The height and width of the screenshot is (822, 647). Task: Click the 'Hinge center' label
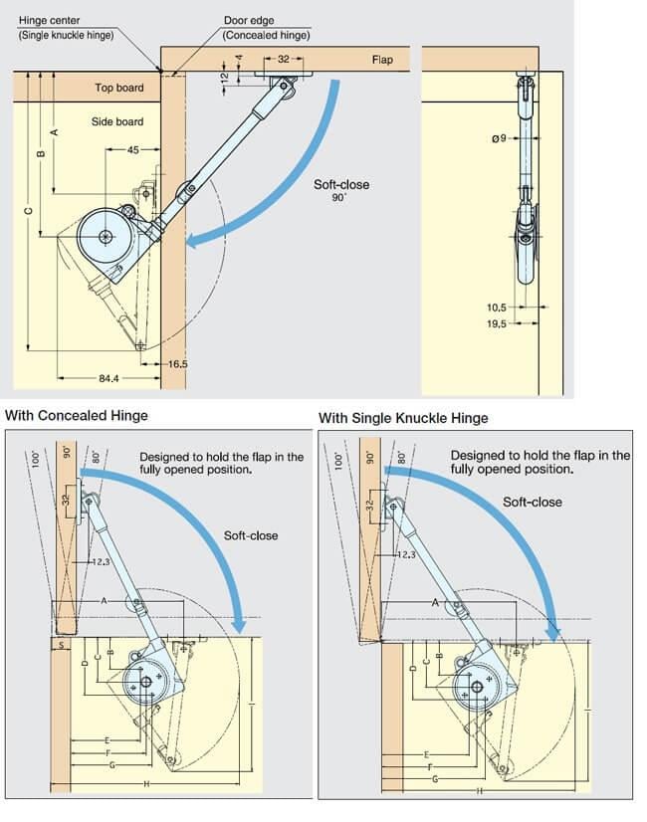(50, 21)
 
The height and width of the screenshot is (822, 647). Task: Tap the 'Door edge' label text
(249, 21)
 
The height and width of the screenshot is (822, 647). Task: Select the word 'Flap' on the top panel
(382, 60)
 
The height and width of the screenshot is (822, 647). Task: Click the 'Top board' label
(119, 88)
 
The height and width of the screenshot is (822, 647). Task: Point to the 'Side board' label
(116, 121)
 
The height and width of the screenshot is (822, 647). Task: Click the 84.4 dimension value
(108, 378)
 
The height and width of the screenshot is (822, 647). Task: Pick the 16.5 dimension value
(178, 364)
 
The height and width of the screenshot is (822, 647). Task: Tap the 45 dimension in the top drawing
(133, 150)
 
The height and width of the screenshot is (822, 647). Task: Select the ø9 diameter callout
(499, 138)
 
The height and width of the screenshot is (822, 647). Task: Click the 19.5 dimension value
(497, 324)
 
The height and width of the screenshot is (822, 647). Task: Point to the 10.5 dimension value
(497, 308)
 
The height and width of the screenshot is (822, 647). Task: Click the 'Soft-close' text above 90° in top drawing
(341, 184)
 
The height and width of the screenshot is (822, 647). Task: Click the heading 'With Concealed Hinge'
(77, 416)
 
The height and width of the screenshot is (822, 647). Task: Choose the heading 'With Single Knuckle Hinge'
(403, 418)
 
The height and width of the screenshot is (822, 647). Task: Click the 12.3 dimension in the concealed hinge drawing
(101, 562)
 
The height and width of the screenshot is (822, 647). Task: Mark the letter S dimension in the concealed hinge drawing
(61, 645)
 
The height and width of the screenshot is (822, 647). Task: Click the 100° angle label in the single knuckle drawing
(338, 462)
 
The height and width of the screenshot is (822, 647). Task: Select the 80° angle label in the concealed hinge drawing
(96, 457)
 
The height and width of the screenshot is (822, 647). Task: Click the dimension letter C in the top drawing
(29, 211)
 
